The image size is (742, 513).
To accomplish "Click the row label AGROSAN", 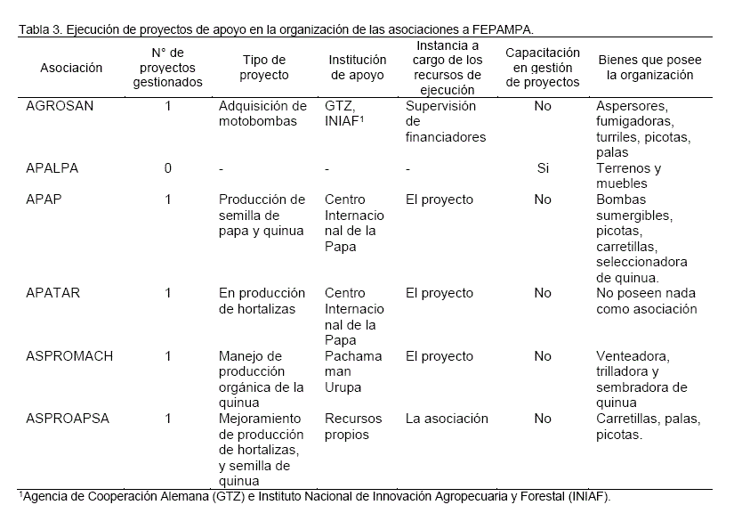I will click(x=60, y=106).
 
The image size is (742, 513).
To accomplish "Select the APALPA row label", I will click(x=54, y=168).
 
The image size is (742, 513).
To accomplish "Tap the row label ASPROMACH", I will click(x=69, y=356).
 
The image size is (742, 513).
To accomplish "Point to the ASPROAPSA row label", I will click(x=68, y=419).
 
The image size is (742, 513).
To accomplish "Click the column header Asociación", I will click(x=71, y=68).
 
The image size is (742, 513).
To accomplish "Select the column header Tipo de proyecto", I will click(x=265, y=68).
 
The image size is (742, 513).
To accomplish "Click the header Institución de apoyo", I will click(x=356, y=68).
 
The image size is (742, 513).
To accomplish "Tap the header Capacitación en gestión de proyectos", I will click(x=543, y=68).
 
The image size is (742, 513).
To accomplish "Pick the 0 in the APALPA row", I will click(x=167, y=168).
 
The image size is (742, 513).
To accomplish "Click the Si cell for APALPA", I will click(x=543, y=168).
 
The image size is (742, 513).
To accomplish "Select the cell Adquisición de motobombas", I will click(x=262, y=113).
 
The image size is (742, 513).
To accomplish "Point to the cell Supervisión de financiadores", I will click(x=445, y=121).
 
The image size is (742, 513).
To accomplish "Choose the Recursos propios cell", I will click(x=353, y=427).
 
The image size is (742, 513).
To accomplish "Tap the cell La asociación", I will click(x=447, y=419).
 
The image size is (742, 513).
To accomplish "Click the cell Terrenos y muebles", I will click(x=628, y=176).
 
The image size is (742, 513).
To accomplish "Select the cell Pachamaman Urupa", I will click(x=353, y=371).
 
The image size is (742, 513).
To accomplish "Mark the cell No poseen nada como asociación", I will click(x=646, y=301).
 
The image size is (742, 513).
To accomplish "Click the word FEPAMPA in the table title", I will click(x=505, y=28).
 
